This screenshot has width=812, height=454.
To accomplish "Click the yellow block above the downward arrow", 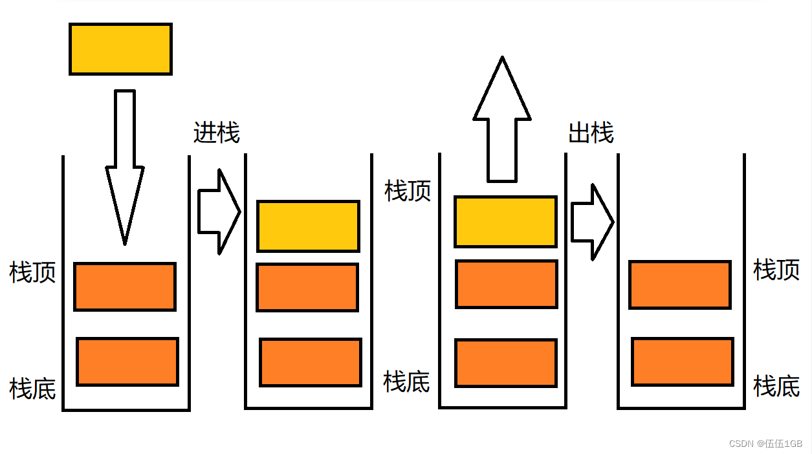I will point(120,49).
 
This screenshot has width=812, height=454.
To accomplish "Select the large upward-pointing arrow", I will point(502,120).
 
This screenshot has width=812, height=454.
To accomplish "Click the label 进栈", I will point(217,133).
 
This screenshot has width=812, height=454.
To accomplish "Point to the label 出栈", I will point(591,133).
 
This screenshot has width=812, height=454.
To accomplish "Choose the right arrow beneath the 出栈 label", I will point(592,222).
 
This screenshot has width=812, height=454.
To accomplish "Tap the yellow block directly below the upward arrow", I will point(505,221).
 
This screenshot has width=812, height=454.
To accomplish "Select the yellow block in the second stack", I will point(308,226).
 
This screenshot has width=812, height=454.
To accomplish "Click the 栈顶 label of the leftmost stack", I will point(32,272).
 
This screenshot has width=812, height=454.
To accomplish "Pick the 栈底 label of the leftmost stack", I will point(32,389).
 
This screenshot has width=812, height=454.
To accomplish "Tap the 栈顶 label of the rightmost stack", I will point(776,269).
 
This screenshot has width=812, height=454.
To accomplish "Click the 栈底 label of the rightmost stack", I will point(776,386).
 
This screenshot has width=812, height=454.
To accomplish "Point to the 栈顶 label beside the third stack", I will point(408,191).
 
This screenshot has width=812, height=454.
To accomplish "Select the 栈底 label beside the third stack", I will point(406,382).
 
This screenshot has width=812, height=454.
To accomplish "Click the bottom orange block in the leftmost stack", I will point(127,362).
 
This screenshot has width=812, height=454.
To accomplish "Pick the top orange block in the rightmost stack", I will point(680,285).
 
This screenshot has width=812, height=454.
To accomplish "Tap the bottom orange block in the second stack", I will point(311,362).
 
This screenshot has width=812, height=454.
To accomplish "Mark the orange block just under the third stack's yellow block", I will point(507,284).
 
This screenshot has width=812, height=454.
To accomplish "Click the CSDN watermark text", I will point(765,444).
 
